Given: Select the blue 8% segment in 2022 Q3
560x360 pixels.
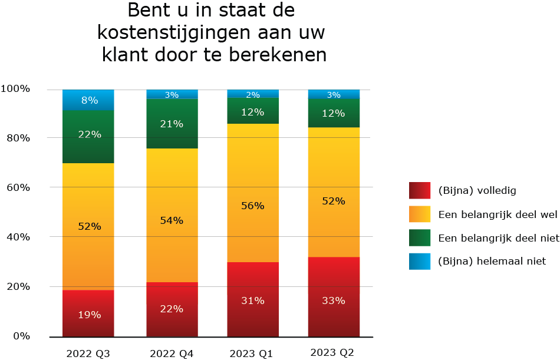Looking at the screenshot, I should tap(88, 100).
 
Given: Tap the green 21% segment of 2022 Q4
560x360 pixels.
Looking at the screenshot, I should tap(172, 123).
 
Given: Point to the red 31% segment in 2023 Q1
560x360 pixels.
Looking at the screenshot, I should tap(253, 299).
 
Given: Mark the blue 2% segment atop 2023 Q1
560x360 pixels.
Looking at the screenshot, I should tap(253, 94).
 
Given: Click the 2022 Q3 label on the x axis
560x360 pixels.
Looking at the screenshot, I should tap(87, 353).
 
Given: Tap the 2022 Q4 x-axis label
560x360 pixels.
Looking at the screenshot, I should tap(171, 353).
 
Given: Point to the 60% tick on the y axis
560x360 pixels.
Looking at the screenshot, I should tap(15, 187).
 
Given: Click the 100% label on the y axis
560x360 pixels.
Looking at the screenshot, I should tap(15, 88).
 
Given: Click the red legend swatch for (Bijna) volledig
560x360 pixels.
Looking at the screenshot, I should tap(420, 190).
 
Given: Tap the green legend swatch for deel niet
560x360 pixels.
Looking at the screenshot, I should tap(420, 237).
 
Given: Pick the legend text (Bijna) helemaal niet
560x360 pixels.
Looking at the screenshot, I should tap(492, 261).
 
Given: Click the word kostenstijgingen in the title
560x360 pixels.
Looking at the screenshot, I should tap(212, 33).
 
